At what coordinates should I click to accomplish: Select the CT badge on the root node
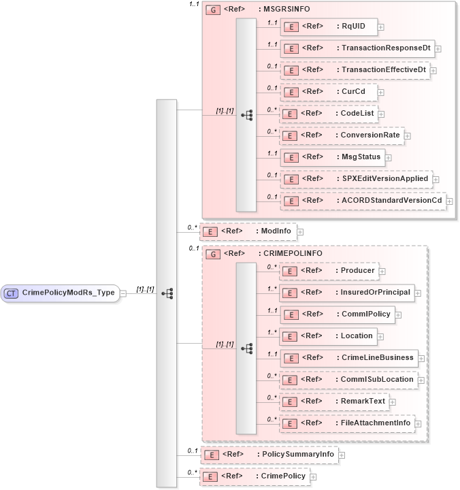[12, 293]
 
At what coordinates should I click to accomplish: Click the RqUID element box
[329, 27]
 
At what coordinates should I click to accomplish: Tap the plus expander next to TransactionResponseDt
[438, 49]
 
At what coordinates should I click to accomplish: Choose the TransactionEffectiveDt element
[357, 70]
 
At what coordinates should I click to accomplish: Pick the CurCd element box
[328, 92]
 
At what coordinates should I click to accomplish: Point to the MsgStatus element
[332, 157]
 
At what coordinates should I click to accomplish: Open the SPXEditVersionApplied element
[356, 179]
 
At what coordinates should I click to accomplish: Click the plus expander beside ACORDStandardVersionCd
[449, 201]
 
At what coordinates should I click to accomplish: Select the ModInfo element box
[248, 231]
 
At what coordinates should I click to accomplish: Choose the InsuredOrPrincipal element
[346, 293]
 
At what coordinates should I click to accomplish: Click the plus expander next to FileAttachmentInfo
[418, 423]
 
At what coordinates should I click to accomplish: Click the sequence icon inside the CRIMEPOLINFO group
[247, 348]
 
